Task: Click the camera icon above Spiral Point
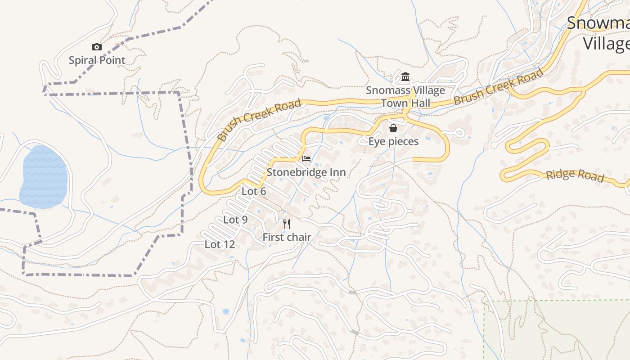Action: pos(96,47)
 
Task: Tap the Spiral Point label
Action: pos(97,60)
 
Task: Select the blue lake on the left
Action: pos(44,176)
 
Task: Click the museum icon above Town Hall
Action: pos(405,77)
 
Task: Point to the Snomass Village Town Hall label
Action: pos(405,97)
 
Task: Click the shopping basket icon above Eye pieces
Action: pos(393,128)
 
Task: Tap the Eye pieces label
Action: pos(393,142)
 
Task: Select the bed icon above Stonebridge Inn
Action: pos(306,159)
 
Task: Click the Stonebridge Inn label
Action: pos(306,172)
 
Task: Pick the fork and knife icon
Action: pos(287,224)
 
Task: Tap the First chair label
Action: pos(287,237)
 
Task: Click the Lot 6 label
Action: pos(254,191)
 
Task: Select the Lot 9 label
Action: pos(235,220)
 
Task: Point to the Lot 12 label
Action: pos(220,244)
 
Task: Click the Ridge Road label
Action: pos(575,175)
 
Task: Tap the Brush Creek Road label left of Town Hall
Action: pos(259,121)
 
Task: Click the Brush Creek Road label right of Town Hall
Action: pos(498,87)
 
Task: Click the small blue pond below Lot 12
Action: pos(225,311)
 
